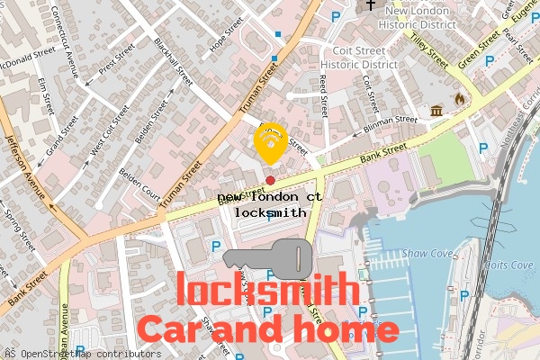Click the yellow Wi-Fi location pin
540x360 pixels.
click(270, 140)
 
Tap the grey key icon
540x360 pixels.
click(267, 258)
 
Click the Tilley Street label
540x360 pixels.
click(428, 48)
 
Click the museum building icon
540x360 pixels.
click(437, 111)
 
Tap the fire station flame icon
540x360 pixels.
click(460, 99)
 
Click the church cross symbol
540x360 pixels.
click(370, 5)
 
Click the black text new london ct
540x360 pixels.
click(269, 195)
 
